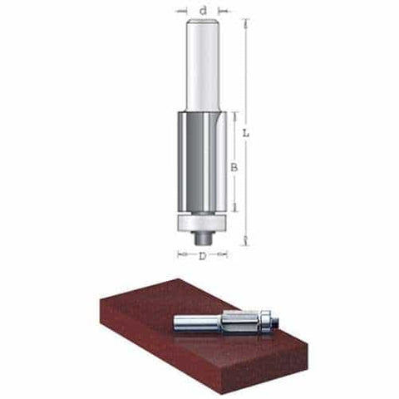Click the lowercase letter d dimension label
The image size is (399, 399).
click(203, 11)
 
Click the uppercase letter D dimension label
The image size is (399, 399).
click(203, 256)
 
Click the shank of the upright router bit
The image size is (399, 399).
click(203, 66)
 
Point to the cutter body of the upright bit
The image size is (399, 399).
click(202, 162)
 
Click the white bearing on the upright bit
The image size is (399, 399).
click(203, 221)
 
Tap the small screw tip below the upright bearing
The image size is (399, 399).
click(203, 237)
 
